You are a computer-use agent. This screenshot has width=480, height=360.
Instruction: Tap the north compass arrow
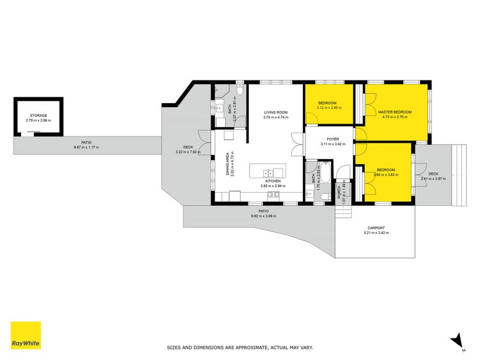pyautogui.click(x=457, y=340)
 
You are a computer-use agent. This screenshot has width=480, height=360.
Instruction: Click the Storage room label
pyautogui.click(x=38, y=115)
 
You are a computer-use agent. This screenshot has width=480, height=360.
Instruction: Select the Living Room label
pyautogui.click(x=276, y=112)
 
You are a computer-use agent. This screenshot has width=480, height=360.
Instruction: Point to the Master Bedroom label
pyautogui.click(x=395, y=112)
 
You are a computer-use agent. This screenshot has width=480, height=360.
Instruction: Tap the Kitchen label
pyautogui.click(x=273, y=181)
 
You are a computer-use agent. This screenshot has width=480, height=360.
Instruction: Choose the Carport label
pyautogui.click(x=377, y=227)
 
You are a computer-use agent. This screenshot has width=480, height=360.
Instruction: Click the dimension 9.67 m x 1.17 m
pyautogui.click(x=86, y=147)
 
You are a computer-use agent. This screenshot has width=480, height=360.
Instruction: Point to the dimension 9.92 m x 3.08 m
pyautogui.click(x=263, y=216)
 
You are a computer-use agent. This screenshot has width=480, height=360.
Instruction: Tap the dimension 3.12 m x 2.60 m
pyautogui.click(x=328, y=107)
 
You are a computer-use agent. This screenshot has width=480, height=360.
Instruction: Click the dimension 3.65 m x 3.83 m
pyautogui.click(x=385, y=175)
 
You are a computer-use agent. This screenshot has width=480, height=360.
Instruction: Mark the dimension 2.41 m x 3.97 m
pyautogui.click(x=434, y=178)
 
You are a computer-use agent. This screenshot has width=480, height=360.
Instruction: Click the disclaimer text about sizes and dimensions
pyautogui.click(x=239, y=347)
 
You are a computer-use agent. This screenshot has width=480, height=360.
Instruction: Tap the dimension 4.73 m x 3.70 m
pyautogui.click(x=395, y=117)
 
